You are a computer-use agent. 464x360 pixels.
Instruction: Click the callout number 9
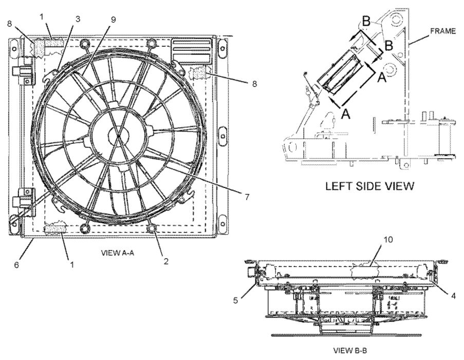pos(113,19)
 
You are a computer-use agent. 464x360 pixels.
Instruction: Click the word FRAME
pos(443,31)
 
